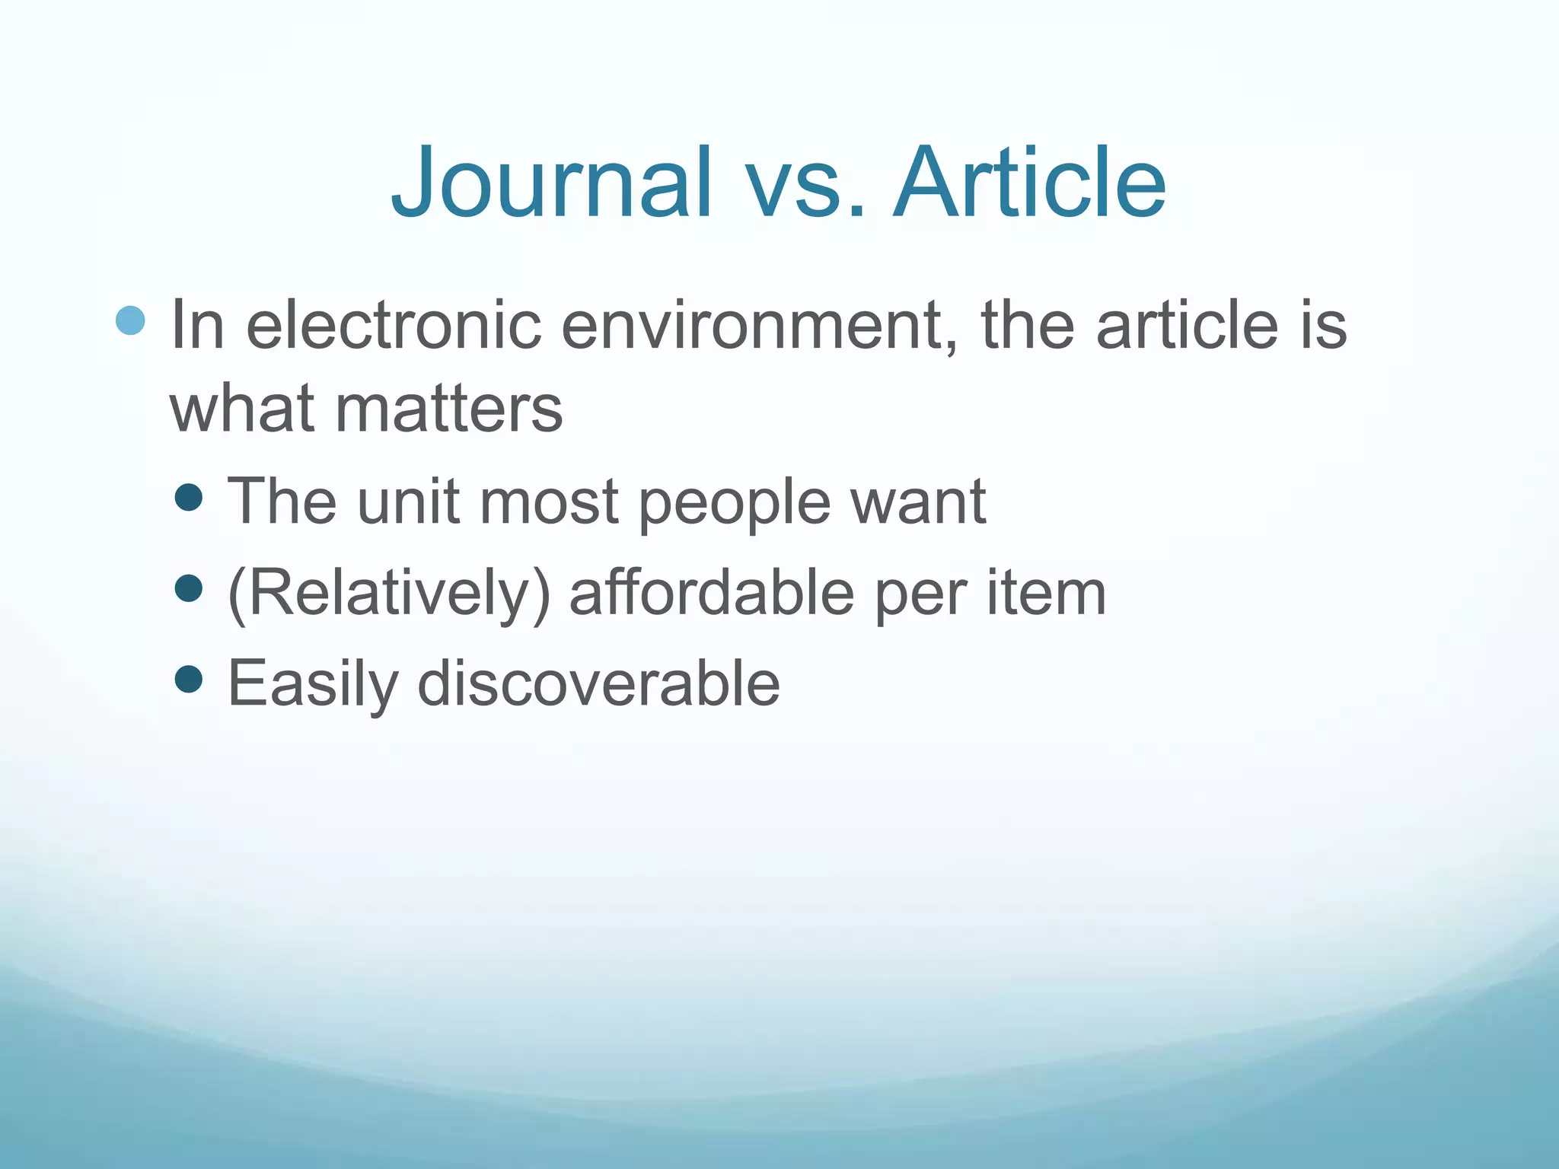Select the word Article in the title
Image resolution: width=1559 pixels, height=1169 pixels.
coord(1029,183)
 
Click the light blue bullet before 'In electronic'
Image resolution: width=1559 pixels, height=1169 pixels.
coord(130,321)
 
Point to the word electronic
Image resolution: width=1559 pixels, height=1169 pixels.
coord(394,326)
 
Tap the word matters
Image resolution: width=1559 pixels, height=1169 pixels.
coord(448,409)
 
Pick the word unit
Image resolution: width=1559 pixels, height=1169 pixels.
coord(408,502)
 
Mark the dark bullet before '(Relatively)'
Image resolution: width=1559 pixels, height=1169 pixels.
coord(188,588)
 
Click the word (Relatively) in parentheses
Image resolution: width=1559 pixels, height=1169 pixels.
coord(388,594)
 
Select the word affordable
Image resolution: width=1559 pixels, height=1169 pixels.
coord(712,593)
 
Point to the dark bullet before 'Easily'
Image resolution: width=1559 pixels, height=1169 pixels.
coord(188,678)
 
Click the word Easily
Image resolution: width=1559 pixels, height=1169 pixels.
coord(313,684)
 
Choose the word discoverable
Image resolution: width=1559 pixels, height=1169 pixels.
coord(598,683)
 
